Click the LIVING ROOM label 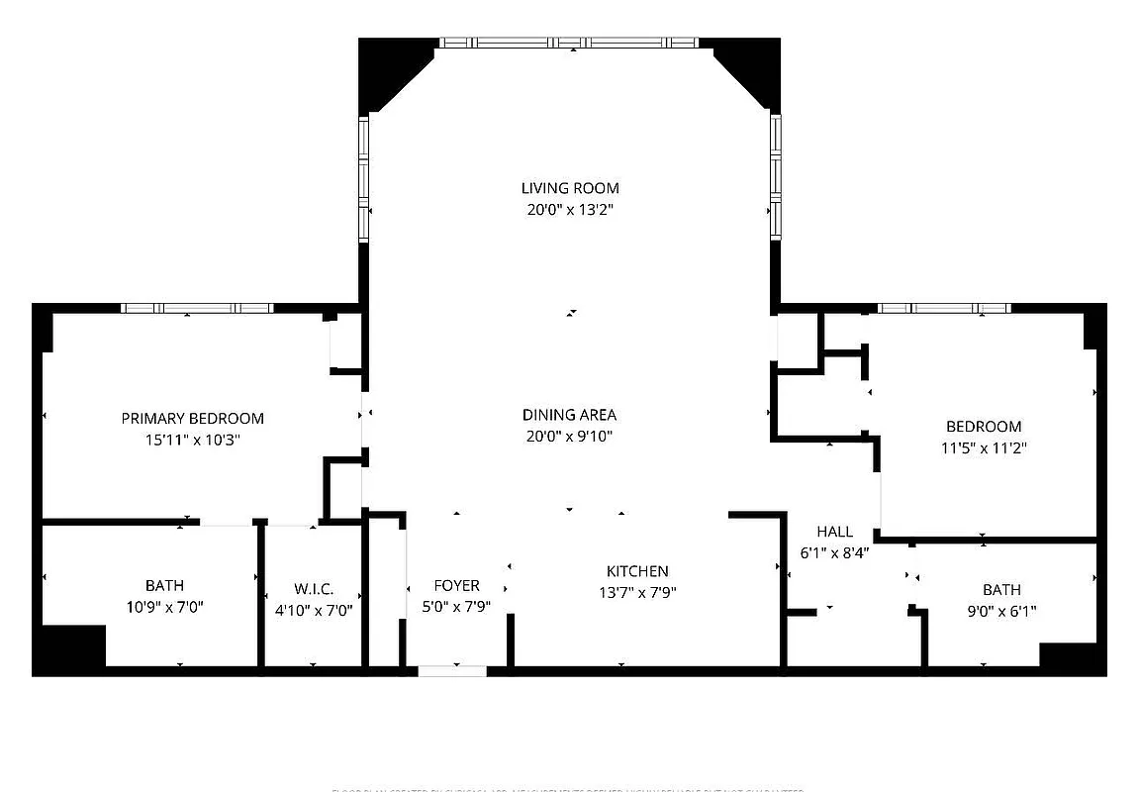pos(570,188)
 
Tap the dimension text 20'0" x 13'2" pos(570,210)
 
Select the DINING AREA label pos(570,415)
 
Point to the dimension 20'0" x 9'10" pos(570,437)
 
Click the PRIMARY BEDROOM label pos(193,419)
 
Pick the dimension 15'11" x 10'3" pos(193,441)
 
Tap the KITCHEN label pos(637,571)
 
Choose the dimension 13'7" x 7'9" pos(637,593)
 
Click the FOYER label pos(456,586)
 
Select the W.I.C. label pos(313,588)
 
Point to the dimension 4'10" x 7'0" pos(313,610)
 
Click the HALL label pos(834,532)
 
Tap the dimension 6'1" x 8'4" pos(834,553)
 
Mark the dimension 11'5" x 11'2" pos(984,448)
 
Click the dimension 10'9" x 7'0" pos(164,607)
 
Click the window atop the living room pos(569,43)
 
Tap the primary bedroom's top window pos(196,308)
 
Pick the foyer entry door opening pos(452,671)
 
